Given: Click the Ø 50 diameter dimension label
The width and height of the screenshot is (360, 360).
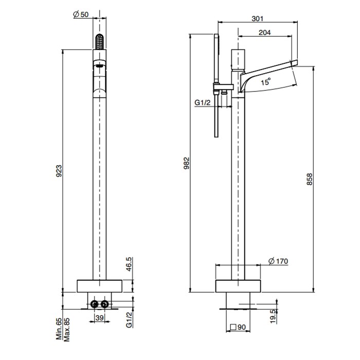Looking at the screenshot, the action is click(x=81, y=14).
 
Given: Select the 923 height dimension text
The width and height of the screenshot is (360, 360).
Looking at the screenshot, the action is click(x=59, y=171).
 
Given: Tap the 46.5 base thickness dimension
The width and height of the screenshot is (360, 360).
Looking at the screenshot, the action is click(x=129, y=264).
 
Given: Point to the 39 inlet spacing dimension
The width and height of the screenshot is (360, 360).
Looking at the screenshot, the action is click(x=99, y=318).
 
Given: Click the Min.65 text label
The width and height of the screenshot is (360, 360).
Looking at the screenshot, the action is click(x=59, y=329).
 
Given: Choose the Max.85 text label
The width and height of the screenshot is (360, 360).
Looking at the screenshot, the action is click(x=66, y=330).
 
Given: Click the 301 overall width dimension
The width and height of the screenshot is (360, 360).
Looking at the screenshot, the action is click(x=257, y=19).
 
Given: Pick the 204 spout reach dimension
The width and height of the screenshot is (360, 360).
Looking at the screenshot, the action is click(x=265, y=32).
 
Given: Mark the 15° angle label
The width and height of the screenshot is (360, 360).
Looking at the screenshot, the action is click(x=266, y=81).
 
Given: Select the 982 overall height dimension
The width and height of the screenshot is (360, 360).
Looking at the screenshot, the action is click(x=187, y=163).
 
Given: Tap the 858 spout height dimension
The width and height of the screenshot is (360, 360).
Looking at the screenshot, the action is click(x=310, y=179).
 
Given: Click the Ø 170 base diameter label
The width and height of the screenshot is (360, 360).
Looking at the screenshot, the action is click(x=278, y=261).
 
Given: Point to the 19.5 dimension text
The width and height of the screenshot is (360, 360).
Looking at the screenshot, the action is click(x=273, y=316).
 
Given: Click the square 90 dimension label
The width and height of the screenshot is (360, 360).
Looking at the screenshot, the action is click(x=238, y=327).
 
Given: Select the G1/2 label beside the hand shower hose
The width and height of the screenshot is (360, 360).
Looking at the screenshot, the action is click(x=202, y=102).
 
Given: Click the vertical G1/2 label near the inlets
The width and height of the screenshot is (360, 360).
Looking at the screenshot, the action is click(x=129, y=319).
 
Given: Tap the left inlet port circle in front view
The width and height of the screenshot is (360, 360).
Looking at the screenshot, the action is click(x=94, y=304).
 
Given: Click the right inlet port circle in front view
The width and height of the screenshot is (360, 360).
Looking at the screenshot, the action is click(x=104, y=304).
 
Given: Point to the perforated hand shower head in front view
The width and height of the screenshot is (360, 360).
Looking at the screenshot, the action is click(x=99, y=42).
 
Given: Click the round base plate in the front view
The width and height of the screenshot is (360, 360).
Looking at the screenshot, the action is click(x=99, y=286).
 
